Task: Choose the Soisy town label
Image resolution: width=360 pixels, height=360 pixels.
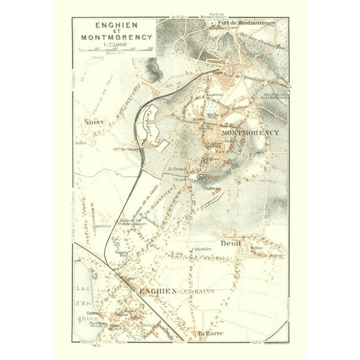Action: pos(91,122)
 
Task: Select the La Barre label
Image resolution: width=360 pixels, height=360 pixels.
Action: pos(211,333)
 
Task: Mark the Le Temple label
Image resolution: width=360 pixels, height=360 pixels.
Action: pos(178,169)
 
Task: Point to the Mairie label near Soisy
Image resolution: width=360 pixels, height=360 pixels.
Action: pos(81,143)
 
